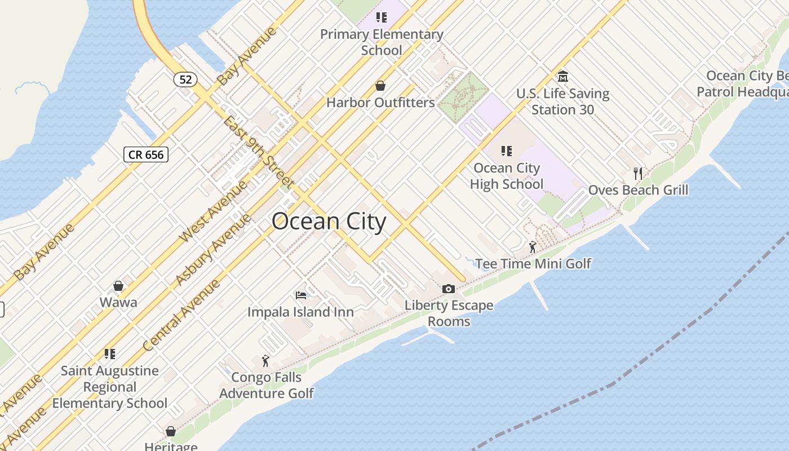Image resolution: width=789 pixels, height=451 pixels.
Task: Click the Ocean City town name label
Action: point(329,222)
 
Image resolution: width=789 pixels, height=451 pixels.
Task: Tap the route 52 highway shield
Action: point(185,79)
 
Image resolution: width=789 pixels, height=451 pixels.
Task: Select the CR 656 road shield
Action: point(146,154)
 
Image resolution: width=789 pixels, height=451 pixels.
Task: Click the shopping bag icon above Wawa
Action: point(118,286)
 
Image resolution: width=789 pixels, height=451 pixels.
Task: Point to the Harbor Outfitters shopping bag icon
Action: point(380,86)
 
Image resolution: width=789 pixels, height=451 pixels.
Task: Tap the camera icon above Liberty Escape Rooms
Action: point(449,289)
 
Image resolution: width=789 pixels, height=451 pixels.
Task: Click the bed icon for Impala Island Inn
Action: point(301,295)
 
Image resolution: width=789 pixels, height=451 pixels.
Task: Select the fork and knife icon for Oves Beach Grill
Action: point(638,173)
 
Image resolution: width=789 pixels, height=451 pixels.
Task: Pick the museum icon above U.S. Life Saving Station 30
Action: point(562,77)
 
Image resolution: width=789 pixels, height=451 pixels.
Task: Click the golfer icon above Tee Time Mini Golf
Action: point(533,247)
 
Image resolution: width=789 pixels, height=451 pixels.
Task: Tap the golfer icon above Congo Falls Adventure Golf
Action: point(266,361)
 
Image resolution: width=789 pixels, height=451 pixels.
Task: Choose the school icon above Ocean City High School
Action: point(506,151)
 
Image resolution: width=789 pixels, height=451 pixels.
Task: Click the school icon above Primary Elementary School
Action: point(382,17)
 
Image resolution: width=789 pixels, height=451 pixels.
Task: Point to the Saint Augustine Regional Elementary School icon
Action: point(110,354)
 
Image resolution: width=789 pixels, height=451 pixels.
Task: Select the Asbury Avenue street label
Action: point(212,250)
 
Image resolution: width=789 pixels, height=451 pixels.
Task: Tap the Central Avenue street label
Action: point(181,316)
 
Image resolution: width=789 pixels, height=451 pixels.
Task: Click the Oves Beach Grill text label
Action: point(638,190)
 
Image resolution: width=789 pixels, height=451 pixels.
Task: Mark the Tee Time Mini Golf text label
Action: point(533,263)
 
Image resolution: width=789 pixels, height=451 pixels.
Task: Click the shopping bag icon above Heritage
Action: point(171,431)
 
